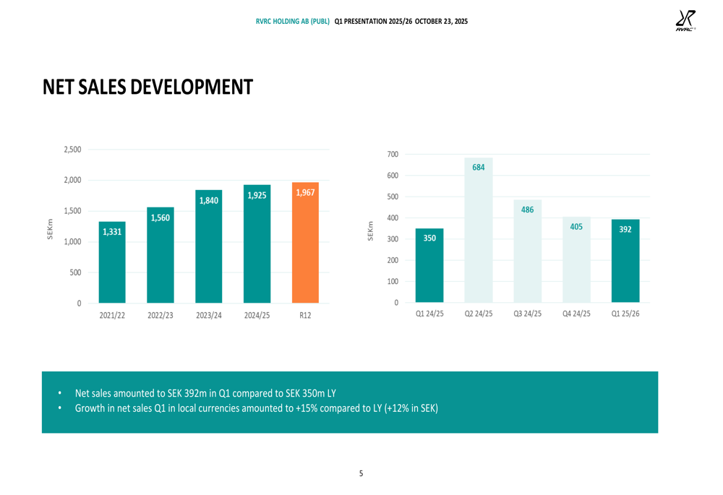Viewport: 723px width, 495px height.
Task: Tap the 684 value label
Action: (x=479, y=167)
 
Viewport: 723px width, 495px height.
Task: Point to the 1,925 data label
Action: (x=257, y=195)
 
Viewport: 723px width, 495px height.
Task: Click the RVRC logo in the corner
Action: (x=685, y=21)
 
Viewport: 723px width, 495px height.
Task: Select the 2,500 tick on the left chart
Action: (x=72, y=150)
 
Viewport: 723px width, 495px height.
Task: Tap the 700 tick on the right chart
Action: (x=393, y=155)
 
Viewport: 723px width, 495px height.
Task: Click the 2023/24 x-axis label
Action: (x=208, y=315)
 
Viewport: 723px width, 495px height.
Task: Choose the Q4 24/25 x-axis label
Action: (x=576, y=314)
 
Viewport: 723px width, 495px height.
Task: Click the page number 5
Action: (x=361, y=473)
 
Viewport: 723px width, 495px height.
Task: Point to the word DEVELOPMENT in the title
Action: (x=192, y=87)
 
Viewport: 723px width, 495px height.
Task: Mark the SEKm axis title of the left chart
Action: (x=50, y=230)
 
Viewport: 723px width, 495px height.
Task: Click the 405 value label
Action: (x=576, y=227)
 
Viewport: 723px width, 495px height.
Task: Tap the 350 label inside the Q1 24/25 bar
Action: (x=429, y=238)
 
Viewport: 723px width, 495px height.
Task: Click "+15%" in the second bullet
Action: (x=305, y=408)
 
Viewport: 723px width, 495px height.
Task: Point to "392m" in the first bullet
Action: (x=196, y=393)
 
